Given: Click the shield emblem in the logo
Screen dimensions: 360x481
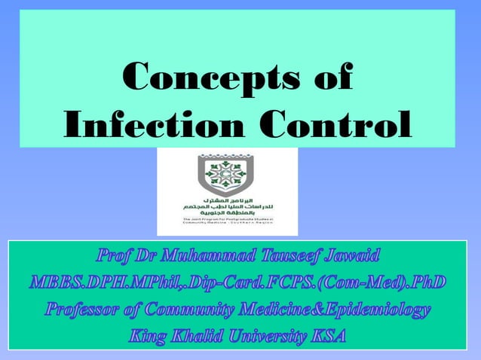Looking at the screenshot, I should (x=227, y=175).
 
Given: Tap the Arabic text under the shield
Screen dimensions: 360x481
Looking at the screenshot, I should (x=227, y=206).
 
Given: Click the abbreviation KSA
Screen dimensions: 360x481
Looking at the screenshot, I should (x=327, y=336).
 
